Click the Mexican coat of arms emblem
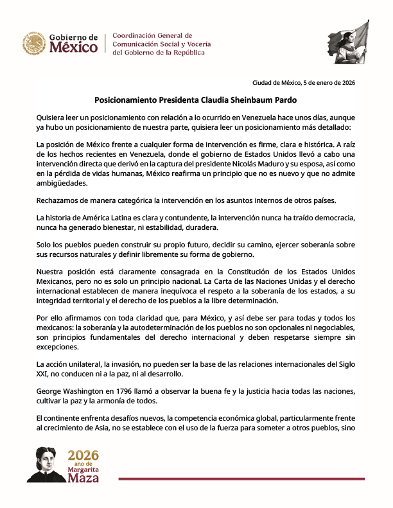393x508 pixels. click(x=33, y=44)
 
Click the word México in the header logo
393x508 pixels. click(x=74, y=48)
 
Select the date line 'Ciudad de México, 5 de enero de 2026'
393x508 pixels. click(x=303, y=82)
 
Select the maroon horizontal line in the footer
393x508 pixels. click(x=241, y=478)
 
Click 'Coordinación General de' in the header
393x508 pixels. click(x=152, y=35)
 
